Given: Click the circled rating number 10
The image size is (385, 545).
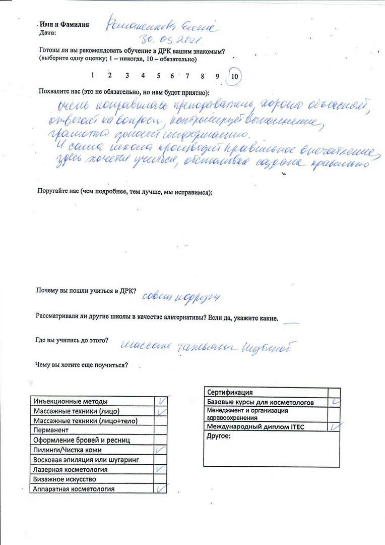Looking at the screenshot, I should pyautogui.click(x=235, y=76).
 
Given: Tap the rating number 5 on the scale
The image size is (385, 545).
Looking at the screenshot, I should pyautogui.click(x=158, y=76).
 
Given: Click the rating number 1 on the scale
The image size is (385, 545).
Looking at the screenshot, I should pyautogui.click(x=93, y=75).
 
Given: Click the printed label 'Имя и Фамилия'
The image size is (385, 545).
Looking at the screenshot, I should pyautogui.click(x=64, y=24).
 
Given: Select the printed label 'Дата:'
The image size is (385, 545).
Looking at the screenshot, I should pyautogui.click(x=47, y=32).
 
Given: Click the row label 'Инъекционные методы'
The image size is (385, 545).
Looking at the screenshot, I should pyautogui.click(x=71, y=401).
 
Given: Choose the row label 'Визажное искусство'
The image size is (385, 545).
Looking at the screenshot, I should pyautogui.click(x=65, y=479).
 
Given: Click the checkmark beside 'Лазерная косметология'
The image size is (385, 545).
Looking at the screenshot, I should pyautogui.click(x=160, y=469).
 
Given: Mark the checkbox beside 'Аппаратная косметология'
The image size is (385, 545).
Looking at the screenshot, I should pyautogui.click(x=161, y=488).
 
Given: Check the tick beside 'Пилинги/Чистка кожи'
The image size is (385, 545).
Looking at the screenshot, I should pyautogui.click(x=160, y=449).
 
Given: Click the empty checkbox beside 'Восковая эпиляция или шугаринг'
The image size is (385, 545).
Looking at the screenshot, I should pyautogui.click(x=160, y=459).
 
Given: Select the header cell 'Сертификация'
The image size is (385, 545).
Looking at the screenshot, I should pyautogui.click(x=230, y=393).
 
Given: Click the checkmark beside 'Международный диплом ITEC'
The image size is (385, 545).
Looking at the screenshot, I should pyautogui.click(x=334, y=426).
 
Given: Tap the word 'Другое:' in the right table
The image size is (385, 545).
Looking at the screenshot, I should pyautogui.click(x=219, y=436).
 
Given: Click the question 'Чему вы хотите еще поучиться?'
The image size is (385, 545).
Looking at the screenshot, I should pyautogui.click(x=81, y=365).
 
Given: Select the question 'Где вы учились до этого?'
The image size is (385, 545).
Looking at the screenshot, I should pyautogui.click(x=72, y=340).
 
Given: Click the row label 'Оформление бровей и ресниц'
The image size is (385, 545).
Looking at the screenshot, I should pyautogui.click(x=82, y=440).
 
